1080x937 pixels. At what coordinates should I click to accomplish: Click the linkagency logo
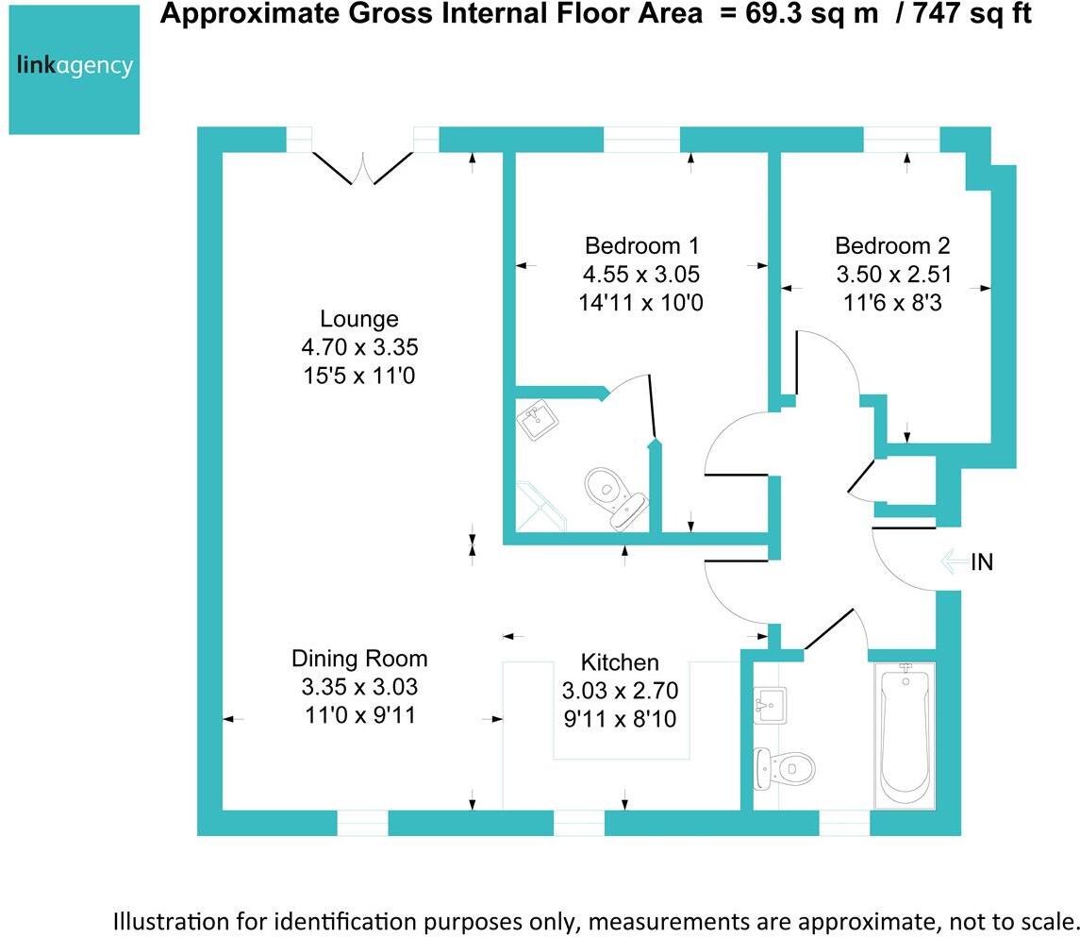coord(75,68)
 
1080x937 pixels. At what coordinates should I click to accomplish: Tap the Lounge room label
coord(358,318)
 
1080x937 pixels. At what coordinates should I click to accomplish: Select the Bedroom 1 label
coord(641,246)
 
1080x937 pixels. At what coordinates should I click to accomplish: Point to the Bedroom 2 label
coord(892,246)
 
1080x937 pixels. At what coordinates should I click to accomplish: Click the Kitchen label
coord(620,661)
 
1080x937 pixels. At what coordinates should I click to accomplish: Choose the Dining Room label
coord(358,658)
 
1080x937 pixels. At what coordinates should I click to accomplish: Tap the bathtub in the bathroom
coord(905,735)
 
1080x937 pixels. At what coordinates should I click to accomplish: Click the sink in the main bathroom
coord(772,705)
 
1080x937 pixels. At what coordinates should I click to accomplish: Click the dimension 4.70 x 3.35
coord(358,347)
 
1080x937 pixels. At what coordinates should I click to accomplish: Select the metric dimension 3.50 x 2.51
coord(892,275)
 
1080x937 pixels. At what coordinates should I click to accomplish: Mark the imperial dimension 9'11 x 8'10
coord(620,720)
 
